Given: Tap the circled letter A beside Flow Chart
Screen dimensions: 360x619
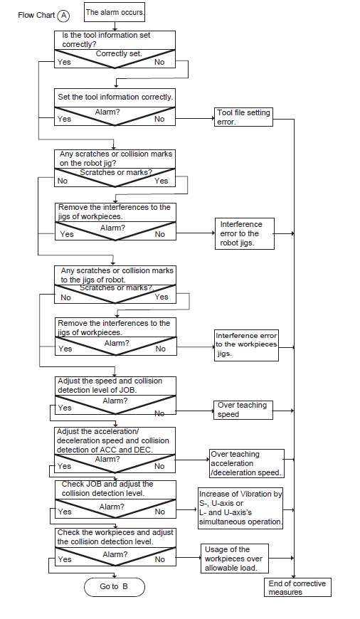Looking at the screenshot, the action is [63, 16].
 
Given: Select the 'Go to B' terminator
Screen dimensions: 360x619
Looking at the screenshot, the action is [115, 587].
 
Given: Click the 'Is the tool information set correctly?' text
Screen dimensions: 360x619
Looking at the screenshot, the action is [106, 40].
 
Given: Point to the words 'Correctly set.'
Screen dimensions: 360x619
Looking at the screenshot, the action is [118, 53].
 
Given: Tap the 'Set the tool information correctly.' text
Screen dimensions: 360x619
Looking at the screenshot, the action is [115, 97].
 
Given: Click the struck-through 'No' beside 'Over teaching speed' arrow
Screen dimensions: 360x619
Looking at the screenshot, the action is [159, 413].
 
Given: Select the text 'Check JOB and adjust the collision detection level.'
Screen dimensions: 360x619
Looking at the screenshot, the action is [107, 489].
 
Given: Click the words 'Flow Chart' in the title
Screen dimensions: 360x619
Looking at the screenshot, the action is [36, 16].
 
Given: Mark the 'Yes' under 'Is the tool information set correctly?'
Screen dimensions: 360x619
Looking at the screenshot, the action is [64, 62].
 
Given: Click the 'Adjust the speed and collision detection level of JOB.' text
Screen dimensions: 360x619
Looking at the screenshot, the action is [110, 386].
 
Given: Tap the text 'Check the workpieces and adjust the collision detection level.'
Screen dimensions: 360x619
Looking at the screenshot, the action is [115, 537].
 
